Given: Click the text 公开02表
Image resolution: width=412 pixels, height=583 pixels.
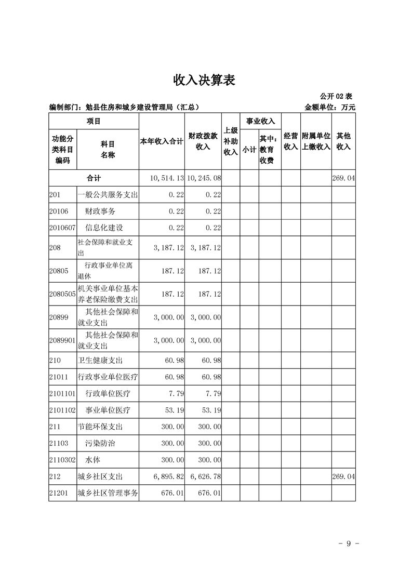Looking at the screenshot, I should (x=336, y=96).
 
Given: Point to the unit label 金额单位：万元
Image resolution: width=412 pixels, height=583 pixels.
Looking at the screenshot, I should (x=330, y=108).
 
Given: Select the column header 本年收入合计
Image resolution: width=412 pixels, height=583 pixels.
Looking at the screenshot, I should (x=162, y=141).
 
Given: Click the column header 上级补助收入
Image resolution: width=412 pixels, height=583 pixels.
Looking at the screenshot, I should (x=230, y=141).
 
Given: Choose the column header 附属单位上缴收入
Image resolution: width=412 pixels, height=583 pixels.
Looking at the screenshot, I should (x=316, y=141).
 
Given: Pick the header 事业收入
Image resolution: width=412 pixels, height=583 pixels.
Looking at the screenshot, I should (x=260, y=121).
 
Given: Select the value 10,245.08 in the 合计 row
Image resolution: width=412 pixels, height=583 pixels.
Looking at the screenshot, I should (x=204, y=178).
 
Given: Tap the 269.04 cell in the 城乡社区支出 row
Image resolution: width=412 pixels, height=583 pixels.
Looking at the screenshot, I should (x=344, y=477).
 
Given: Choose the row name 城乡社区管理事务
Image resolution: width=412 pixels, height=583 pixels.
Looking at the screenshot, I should (x=108, y=494).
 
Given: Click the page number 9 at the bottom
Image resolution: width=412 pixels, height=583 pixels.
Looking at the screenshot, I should (x=349, y=544).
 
